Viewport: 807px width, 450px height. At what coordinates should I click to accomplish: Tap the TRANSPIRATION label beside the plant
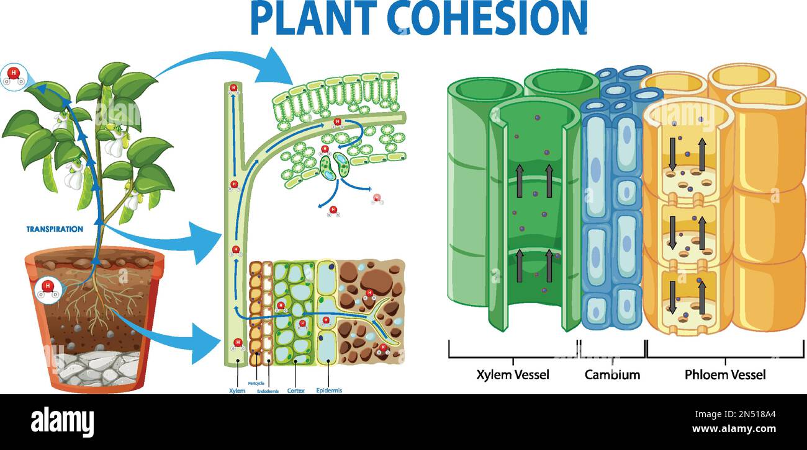55,229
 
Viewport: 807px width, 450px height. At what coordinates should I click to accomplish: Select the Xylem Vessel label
513,374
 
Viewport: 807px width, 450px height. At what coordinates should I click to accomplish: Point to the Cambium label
612,374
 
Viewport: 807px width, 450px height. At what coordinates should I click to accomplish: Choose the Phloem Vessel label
725,374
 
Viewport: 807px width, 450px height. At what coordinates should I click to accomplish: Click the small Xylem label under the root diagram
237,391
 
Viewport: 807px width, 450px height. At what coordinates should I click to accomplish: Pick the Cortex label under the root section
295,391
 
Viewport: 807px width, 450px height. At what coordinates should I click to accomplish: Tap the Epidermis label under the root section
328,390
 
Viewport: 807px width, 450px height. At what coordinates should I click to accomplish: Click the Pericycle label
256,384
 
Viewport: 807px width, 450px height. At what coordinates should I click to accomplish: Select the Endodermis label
268,391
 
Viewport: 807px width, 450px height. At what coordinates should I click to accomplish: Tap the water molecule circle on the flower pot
47,288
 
